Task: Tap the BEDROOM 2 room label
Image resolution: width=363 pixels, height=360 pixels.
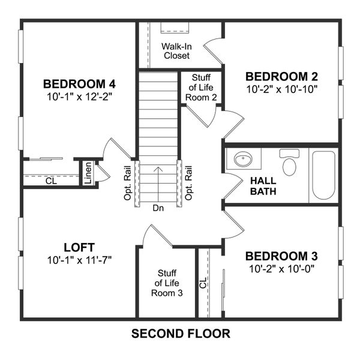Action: tap(281, 76)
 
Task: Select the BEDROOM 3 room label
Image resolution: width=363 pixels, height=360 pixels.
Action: tap(281, 255)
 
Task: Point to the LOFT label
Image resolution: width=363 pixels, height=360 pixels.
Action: tap(80, 247)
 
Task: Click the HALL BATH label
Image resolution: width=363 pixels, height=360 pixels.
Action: tap(263, 186)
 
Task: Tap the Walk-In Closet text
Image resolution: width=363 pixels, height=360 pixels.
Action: tap(176, 51)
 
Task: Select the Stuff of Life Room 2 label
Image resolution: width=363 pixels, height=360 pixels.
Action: tap(200, 88)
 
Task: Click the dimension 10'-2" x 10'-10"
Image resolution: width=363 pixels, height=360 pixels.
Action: tap(281, 89)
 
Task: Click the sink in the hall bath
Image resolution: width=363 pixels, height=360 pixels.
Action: tap(244, 160)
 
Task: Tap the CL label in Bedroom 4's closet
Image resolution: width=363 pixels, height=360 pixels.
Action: tap(50, 180)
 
